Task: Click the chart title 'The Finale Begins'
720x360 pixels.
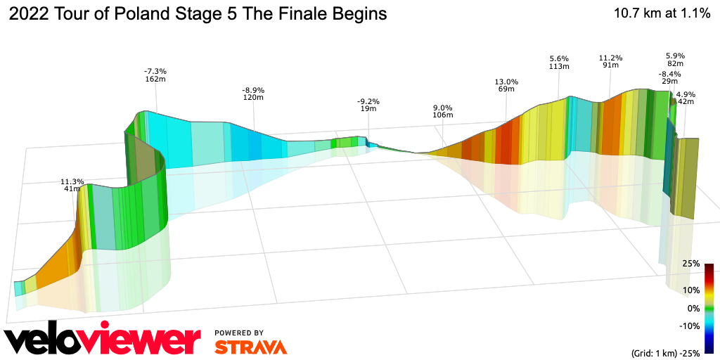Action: [x=198, y=14]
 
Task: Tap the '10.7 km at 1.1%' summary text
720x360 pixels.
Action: [x=662, y=13]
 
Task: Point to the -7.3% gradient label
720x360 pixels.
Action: [x=155, y=72]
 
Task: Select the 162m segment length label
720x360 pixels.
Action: [x=155, y=80]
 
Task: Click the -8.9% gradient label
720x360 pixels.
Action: [x=253, y=91]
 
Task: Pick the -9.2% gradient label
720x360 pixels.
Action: [x=368, y=102]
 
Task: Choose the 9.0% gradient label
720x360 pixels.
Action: [x=443, y=107]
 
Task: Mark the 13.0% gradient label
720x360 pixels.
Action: [x=506, y=82]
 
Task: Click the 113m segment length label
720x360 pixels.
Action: [x=558, y=66]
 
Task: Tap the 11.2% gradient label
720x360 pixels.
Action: [x=610, y=58]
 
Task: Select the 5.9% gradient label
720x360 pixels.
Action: [x=675, y=56]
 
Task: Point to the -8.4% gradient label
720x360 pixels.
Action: [x=669, y=74]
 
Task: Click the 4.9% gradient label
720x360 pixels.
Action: [x=686, y=94]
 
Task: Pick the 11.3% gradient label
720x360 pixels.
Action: [x=72, y=181]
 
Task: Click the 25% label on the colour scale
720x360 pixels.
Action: [x=691, y=264]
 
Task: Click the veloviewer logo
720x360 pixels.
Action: [x=103, y=340]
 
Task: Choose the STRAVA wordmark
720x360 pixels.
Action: [x=250, y=347]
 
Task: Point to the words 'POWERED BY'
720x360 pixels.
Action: [x=239, y=333]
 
